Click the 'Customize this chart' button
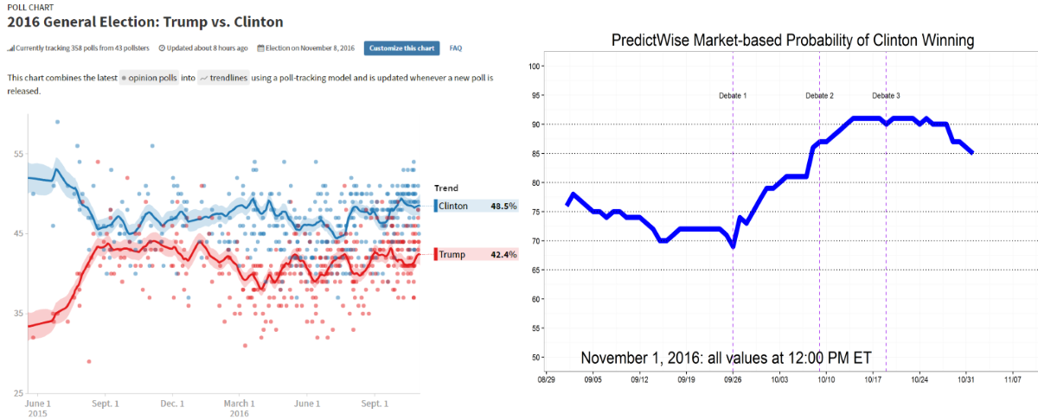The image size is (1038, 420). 401,48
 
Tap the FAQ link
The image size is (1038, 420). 456,48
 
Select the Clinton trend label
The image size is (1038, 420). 454,206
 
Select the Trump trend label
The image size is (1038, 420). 452,254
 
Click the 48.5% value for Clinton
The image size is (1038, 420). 503,206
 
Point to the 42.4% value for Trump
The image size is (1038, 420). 503,254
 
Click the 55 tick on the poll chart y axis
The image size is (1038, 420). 18,154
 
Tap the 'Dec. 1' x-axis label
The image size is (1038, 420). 172,403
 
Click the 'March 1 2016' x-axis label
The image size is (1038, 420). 240,407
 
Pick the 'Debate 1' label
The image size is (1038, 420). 733,95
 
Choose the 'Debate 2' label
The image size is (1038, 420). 819,95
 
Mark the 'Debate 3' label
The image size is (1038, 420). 886,95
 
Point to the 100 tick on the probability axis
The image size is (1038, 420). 535,67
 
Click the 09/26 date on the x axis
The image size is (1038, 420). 733,379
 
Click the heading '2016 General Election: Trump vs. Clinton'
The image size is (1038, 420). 144,21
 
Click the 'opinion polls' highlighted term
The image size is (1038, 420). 149,78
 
